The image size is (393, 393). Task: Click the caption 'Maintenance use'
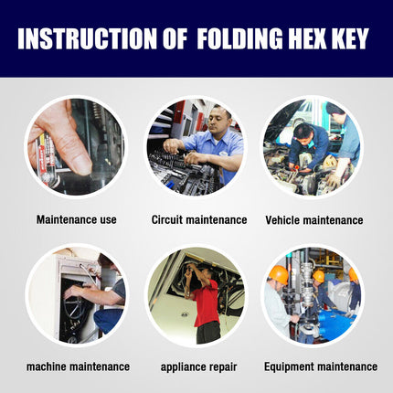point(77,220)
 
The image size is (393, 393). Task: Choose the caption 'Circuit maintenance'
point(198,220)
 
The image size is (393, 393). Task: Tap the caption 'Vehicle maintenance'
point(313,220)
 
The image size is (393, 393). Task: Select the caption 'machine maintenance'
point(78,366)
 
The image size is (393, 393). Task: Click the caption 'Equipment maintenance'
point(320,366)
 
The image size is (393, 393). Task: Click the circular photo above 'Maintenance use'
point(75,146)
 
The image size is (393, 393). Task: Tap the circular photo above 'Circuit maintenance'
point(196,146)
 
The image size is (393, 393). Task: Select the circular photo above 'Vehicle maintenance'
point(313,146)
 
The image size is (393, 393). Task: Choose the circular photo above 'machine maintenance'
point(75,293)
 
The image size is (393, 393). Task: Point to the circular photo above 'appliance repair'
point(196,293)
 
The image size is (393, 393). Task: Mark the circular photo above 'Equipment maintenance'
point(313,293)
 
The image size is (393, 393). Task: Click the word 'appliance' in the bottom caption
point(182,366)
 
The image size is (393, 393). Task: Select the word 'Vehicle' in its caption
point(283,220)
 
